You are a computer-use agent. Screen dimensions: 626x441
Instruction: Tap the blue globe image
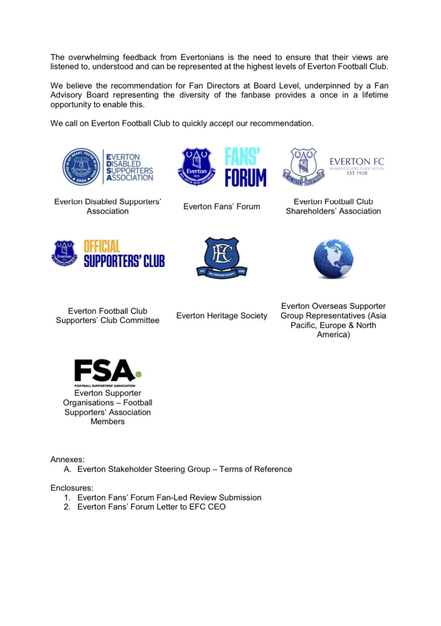tap(333, 259)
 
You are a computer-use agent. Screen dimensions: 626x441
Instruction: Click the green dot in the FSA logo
tap(138, 374)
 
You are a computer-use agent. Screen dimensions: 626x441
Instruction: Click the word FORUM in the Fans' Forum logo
tap(245, 178)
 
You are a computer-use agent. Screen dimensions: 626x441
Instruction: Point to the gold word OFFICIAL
tap(102, 246)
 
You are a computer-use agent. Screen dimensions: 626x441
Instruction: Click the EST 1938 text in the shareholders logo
tap(357, 173)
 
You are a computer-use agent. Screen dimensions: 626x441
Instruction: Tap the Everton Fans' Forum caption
tap(222, 207)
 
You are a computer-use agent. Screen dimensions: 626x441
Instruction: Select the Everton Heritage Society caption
tap(222, 316)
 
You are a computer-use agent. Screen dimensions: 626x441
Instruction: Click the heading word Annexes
tap(67, 460)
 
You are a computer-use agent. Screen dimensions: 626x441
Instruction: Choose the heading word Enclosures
tap(71, 488)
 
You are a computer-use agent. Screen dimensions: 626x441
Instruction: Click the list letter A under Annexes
tap(67, 469)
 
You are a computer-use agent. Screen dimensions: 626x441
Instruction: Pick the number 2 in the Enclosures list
tap(67, 507)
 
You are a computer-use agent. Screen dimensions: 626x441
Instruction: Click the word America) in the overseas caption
tap(333, 335)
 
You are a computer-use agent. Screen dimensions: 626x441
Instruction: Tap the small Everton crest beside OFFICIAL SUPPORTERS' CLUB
tap(64, 253)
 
